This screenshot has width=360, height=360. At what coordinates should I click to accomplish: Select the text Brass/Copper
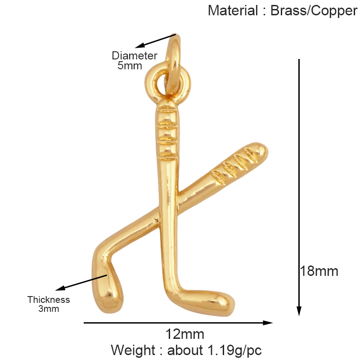pos(314,10)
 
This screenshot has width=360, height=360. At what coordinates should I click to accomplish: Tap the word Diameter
pos(135,56)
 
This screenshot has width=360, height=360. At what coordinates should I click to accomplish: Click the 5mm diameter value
pos(130,66)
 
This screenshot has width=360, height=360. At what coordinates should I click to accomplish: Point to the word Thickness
pos(49,300)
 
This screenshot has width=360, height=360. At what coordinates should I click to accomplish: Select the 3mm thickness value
pos(49,309)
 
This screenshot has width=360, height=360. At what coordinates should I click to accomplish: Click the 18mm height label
pos(319,271)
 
